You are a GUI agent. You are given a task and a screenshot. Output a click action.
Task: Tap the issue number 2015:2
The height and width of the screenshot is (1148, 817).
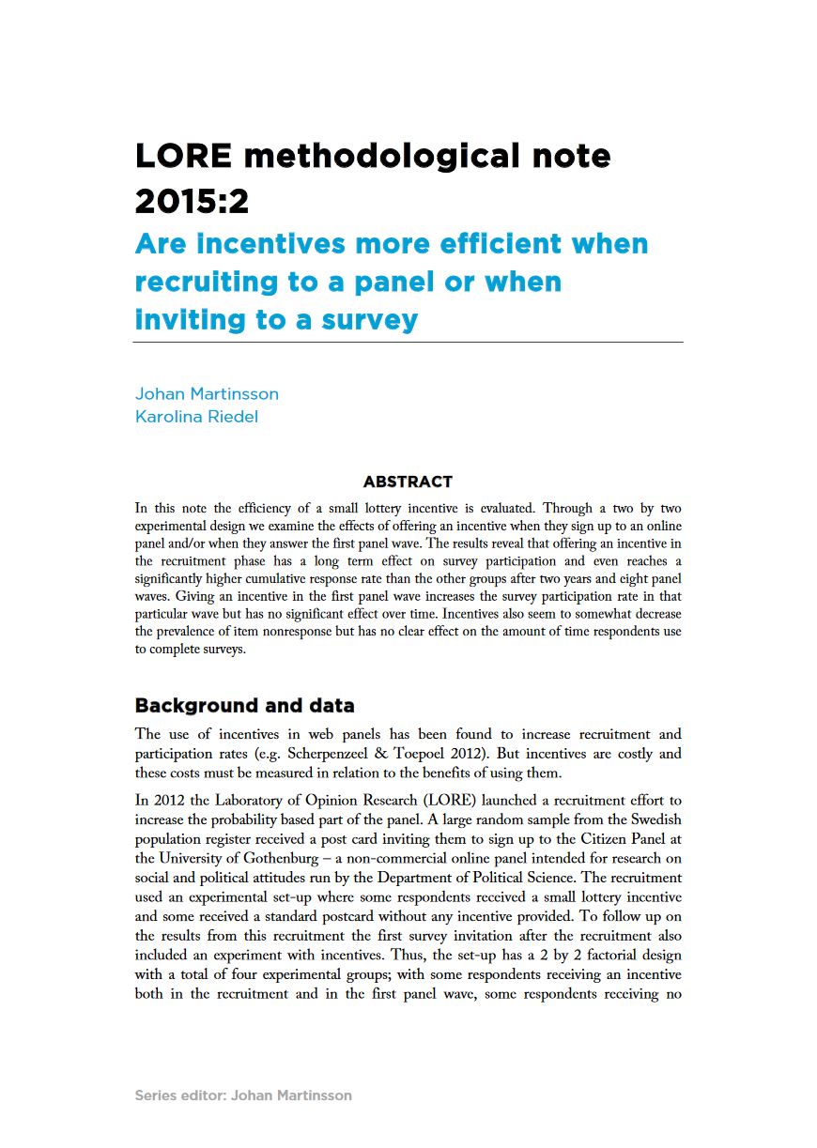point(193,200)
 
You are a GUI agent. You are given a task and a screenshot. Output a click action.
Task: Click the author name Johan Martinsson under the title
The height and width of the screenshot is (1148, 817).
point(207,393)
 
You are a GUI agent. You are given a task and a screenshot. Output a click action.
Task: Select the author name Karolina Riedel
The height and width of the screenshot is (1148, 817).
point(196,417)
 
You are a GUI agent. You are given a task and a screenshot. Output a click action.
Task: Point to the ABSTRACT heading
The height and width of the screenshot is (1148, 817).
point(408,482)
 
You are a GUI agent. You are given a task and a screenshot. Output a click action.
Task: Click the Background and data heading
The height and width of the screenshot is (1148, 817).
point(244,705)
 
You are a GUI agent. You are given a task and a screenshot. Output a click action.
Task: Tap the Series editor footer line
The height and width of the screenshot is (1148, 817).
point(243,1094)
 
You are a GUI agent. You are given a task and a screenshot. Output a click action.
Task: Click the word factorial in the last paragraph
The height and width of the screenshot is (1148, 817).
point(587,956)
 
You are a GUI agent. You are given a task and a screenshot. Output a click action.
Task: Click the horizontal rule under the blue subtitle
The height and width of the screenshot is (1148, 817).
point(408,343)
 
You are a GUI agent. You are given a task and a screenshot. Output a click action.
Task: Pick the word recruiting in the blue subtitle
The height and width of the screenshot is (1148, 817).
point(208,283)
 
